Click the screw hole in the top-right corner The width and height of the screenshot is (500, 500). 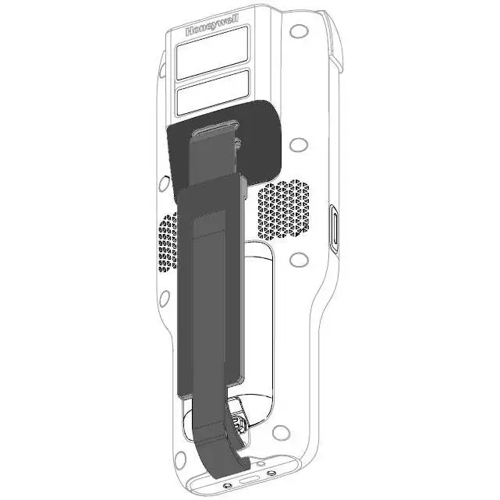tap(296, 33)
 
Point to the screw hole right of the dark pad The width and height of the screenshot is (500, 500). tap(296, 146)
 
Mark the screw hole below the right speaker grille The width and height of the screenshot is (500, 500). tap(296, 260)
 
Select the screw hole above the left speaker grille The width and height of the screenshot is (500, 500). tap(165, 184)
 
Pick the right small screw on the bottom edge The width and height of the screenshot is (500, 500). tap(271, 472)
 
